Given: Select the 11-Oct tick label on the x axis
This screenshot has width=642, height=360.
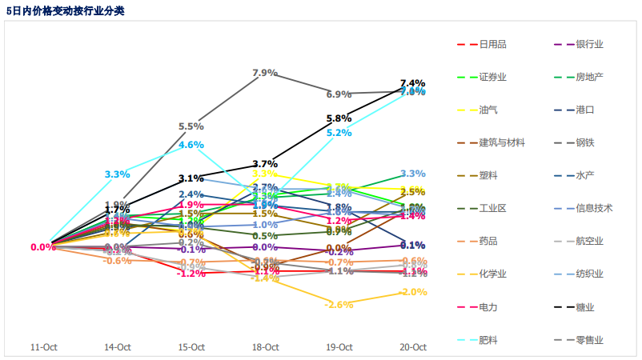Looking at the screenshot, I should click(43, 347).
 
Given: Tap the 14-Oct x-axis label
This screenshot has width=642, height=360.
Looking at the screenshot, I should click(118, 347).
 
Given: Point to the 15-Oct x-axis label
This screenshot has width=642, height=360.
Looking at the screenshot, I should click(191, 347).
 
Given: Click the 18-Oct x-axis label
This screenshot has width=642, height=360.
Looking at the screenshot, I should click(265, 347).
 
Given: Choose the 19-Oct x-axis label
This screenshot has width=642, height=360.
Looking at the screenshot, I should click(339, 347).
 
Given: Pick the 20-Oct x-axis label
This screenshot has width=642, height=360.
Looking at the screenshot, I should click(412, 347).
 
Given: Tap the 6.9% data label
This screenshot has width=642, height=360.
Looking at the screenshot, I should click(339, 94).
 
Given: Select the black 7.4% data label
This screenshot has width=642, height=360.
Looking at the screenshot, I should click(412, 83).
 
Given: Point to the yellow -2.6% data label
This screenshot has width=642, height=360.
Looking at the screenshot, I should click(339, 305).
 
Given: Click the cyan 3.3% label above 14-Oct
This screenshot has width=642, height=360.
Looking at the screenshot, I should click(117, 174).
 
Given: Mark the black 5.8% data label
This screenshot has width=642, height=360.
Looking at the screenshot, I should click(339, 118).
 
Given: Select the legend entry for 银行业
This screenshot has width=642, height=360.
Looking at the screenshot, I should click(589, 44).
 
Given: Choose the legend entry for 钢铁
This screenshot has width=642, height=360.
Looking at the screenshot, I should click(584, 142).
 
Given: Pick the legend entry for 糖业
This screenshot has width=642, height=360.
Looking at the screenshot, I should click(584, 306).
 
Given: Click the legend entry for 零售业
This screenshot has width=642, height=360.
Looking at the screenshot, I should click(589, 339).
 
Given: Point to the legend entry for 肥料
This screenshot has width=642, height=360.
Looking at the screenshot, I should click(488, 339).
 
